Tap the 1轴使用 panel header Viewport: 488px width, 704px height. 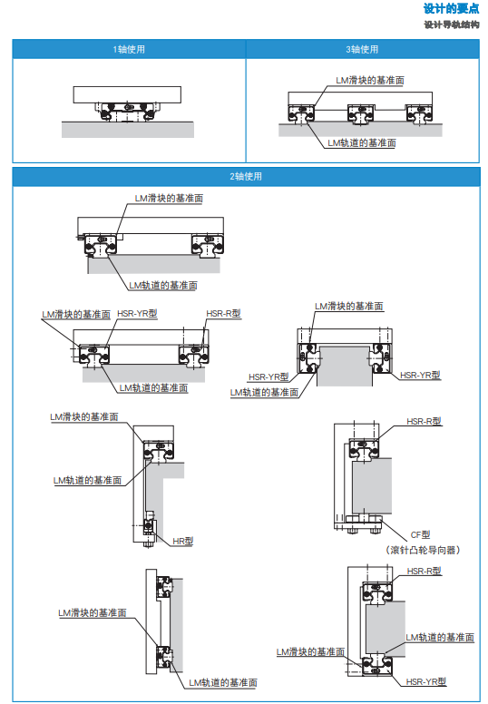click(129, 49)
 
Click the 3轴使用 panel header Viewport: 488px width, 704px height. click(362, 49)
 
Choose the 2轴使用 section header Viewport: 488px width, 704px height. click(245, 176)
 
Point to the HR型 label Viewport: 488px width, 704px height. click(183, 541)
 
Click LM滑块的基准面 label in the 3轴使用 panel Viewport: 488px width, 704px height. click(370, 80)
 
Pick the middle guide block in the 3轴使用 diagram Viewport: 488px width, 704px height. click(360, 113)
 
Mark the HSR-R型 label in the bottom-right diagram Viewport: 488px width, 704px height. click(424, 571)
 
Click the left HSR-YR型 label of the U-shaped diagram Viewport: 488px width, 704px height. click(268, 376)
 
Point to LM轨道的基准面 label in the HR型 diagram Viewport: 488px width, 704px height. click(87, 480)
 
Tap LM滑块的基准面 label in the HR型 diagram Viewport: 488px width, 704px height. click(83, 416)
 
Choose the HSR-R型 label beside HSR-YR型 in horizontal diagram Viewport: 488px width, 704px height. click(223, 313)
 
